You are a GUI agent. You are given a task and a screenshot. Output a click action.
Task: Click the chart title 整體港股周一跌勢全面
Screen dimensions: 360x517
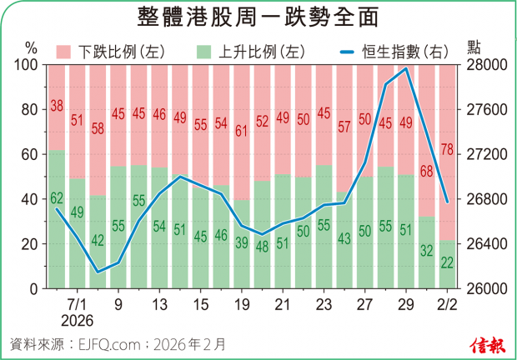pos(258,17)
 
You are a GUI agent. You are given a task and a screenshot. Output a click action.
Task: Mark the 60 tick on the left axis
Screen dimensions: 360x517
pos(30,154)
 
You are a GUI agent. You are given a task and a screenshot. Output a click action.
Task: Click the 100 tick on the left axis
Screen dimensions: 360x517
pos(27,65)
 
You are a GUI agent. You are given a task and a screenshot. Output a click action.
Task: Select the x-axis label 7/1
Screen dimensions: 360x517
pos(77,304)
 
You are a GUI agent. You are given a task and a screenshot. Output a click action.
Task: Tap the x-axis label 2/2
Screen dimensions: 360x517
pos(446,304)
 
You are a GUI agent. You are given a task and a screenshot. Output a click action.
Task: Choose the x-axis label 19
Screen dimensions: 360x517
pos(241,304)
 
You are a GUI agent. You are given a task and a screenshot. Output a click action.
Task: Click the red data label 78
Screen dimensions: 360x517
pos(446,150)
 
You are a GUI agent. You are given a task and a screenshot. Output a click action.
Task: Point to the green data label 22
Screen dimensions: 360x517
pos(446,263)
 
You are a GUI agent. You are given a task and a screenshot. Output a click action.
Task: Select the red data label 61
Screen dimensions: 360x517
pos(241,131)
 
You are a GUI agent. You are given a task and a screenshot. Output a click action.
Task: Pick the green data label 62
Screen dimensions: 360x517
pos(57,198)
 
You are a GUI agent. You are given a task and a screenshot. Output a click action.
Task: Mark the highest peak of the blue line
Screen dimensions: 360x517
pos(405,69)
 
